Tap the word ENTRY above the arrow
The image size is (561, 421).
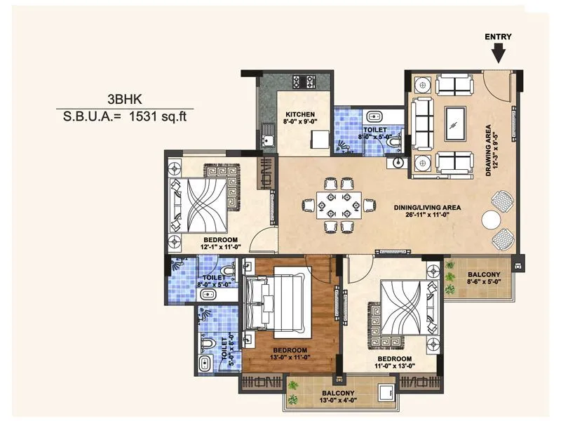point(498,36)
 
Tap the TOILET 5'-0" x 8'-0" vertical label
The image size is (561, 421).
point(226,351)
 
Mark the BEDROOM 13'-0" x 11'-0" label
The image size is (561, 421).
point(290,354)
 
